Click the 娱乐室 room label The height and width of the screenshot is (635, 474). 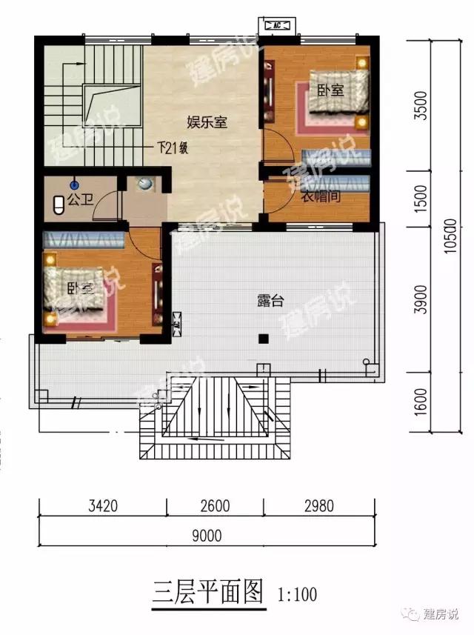(x=206, y=123)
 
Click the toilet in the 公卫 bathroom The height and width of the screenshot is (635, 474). (x=59, y=205)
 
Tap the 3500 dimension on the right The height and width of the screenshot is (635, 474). (x=421, y=111)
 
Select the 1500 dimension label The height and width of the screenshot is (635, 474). (x=421, y=199)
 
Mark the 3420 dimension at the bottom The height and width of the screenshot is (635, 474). (x=102, y=508)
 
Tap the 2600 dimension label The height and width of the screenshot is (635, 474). (x=215, y=508)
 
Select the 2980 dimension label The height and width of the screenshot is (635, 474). (x=318, y=508)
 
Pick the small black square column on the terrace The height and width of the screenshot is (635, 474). (x=262, y=339)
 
